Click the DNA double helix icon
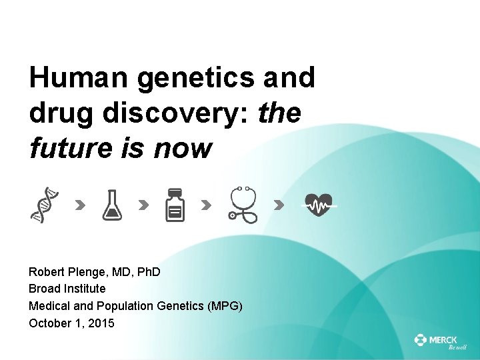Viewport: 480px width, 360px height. click(43, 205)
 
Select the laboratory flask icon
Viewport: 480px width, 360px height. click(111, 205)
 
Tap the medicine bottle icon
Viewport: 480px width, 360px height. click(175, 205)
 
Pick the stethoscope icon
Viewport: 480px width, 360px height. click(243, 205)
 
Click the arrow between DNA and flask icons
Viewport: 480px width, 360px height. click(79, 205)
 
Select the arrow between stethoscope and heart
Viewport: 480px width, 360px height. click(279, 205)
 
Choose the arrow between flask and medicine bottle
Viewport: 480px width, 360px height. click(143, 205)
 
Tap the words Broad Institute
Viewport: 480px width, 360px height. click(67, 289)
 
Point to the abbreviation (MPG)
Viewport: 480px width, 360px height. click(225, 306)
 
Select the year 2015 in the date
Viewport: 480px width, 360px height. click(101, 323)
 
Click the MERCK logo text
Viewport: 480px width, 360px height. click(443, 340)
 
